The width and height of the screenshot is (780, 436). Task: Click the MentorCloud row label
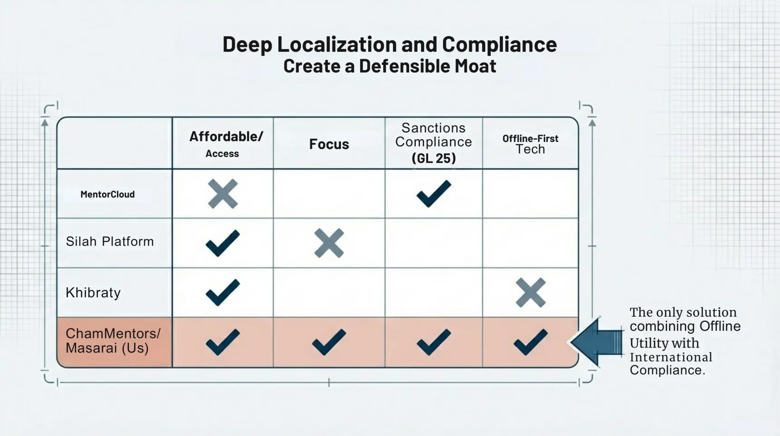tap(107, 195)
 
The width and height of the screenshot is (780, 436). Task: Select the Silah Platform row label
tap(110, 241)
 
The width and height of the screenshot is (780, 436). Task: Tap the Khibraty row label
tap(93, 293)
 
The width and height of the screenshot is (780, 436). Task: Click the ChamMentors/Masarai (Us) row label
tap(113, 341)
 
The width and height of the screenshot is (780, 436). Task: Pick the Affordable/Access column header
tap(222, 144)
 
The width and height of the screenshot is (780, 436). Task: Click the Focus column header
tap(329, 144)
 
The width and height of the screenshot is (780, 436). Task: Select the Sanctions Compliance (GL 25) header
tap(434, 143)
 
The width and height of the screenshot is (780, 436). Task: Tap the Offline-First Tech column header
tap(530, 144)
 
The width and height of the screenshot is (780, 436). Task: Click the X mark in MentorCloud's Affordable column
tap(223, 194)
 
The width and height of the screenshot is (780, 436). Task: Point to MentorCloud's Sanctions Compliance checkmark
tap(434, 194)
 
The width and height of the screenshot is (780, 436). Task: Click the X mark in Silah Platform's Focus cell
tap(329, 243)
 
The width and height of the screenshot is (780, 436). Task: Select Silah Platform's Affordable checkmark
tap(223, 243)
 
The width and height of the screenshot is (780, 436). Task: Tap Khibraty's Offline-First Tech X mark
tap(531, 293)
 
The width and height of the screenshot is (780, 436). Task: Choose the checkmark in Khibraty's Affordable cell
tap(223, 293)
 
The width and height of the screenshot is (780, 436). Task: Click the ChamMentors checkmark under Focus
tap(329, 342)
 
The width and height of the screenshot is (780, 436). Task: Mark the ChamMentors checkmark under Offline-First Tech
tap(531, 342)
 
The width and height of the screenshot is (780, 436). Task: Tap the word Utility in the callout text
tap(646, 343)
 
